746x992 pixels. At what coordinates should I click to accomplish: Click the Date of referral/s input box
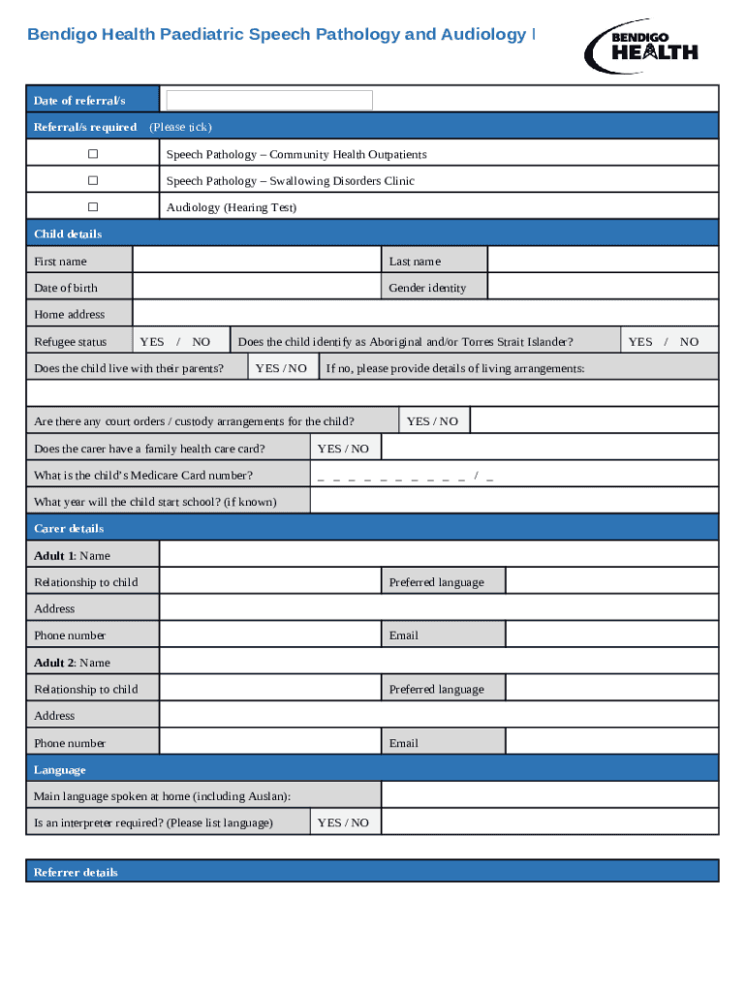(x=269, y=101)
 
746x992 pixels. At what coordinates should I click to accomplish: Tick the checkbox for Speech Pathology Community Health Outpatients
(x=93, y=154)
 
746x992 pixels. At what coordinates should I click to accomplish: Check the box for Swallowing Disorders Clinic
(x=93, y=180)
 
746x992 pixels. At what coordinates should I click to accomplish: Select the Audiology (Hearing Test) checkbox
(x=93, y=206)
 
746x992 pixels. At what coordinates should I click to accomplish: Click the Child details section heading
(x=68, y=234)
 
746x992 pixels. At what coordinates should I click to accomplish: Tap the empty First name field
(x=256, y=261)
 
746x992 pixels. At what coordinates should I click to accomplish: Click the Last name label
(x=415, y=262)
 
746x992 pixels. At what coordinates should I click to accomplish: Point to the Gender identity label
(x=427, y=288)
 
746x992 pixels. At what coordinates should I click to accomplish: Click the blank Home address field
(x=424, y=314)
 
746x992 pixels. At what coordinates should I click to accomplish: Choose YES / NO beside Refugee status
(x=174, y=341)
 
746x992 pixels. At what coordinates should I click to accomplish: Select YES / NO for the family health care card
(x=343, y=449)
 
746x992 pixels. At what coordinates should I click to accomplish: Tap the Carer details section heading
(x=69, y=529)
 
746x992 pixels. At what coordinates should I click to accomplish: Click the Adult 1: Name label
(x=73, y=556)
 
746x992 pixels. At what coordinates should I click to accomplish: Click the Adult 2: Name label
(x=73, y=663)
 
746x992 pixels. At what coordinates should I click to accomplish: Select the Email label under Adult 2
(x=404, y=743)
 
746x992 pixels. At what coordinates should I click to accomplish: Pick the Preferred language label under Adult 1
(x=436, y=582)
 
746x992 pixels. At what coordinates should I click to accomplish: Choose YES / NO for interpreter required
(x=343, y=822)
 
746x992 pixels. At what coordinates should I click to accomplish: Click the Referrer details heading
(x=76, y=872)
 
